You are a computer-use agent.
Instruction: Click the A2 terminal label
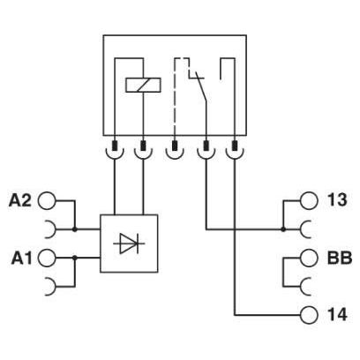(x=19, y=200)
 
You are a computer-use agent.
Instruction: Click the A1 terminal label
(x=21, y=259)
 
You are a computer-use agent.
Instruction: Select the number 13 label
(x=337, y=200)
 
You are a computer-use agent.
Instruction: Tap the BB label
(x=340, y=258)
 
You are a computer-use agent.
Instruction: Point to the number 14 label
(x=337, y=315)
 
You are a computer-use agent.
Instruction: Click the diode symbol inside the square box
(x=129, y=244)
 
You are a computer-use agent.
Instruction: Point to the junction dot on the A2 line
(x=75, y=229)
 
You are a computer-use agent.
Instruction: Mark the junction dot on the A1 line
(x=75, y=258)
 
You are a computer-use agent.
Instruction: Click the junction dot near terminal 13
(x=283, y=229)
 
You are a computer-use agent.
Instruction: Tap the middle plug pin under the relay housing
(x=175, y=146)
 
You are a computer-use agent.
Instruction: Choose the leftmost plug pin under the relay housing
(x=115, y=146)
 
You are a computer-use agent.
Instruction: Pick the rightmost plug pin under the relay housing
(x=235, y=146)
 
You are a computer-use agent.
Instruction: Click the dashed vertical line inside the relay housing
(x=175, y=97)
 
